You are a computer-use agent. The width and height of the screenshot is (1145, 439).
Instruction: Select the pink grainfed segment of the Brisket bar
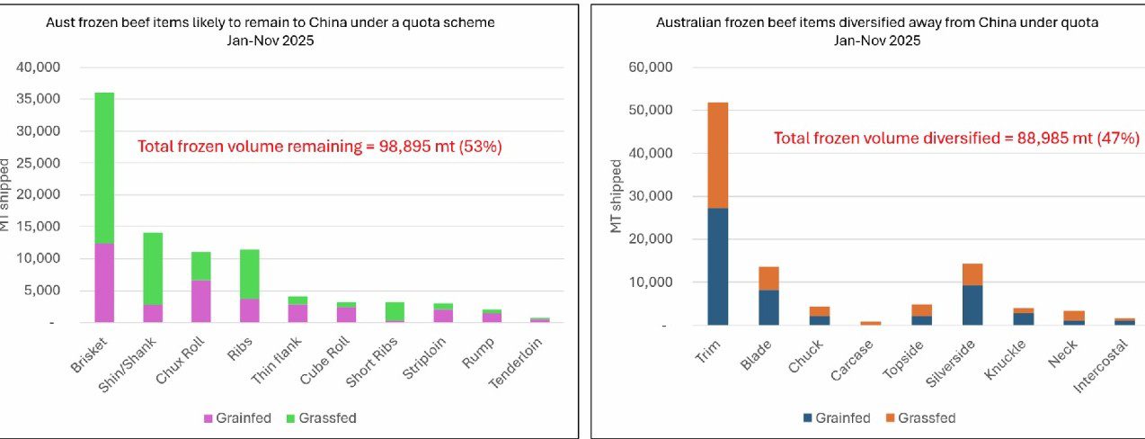coord(104,282)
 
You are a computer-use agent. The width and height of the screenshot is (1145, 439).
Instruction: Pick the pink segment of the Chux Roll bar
coord(201,301)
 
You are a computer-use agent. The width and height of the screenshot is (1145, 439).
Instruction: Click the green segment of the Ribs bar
coord(250,274)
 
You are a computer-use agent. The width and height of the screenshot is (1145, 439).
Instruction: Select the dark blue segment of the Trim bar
coord(717,266)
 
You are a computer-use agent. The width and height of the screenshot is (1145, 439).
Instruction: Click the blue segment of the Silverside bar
coord(972,305)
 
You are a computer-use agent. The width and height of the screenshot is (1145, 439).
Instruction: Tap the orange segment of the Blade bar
coord(768,278)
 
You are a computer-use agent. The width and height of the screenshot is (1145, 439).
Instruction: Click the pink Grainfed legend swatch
coord(209,418)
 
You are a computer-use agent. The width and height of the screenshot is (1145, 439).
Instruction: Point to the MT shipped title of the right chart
coord(617,196)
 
